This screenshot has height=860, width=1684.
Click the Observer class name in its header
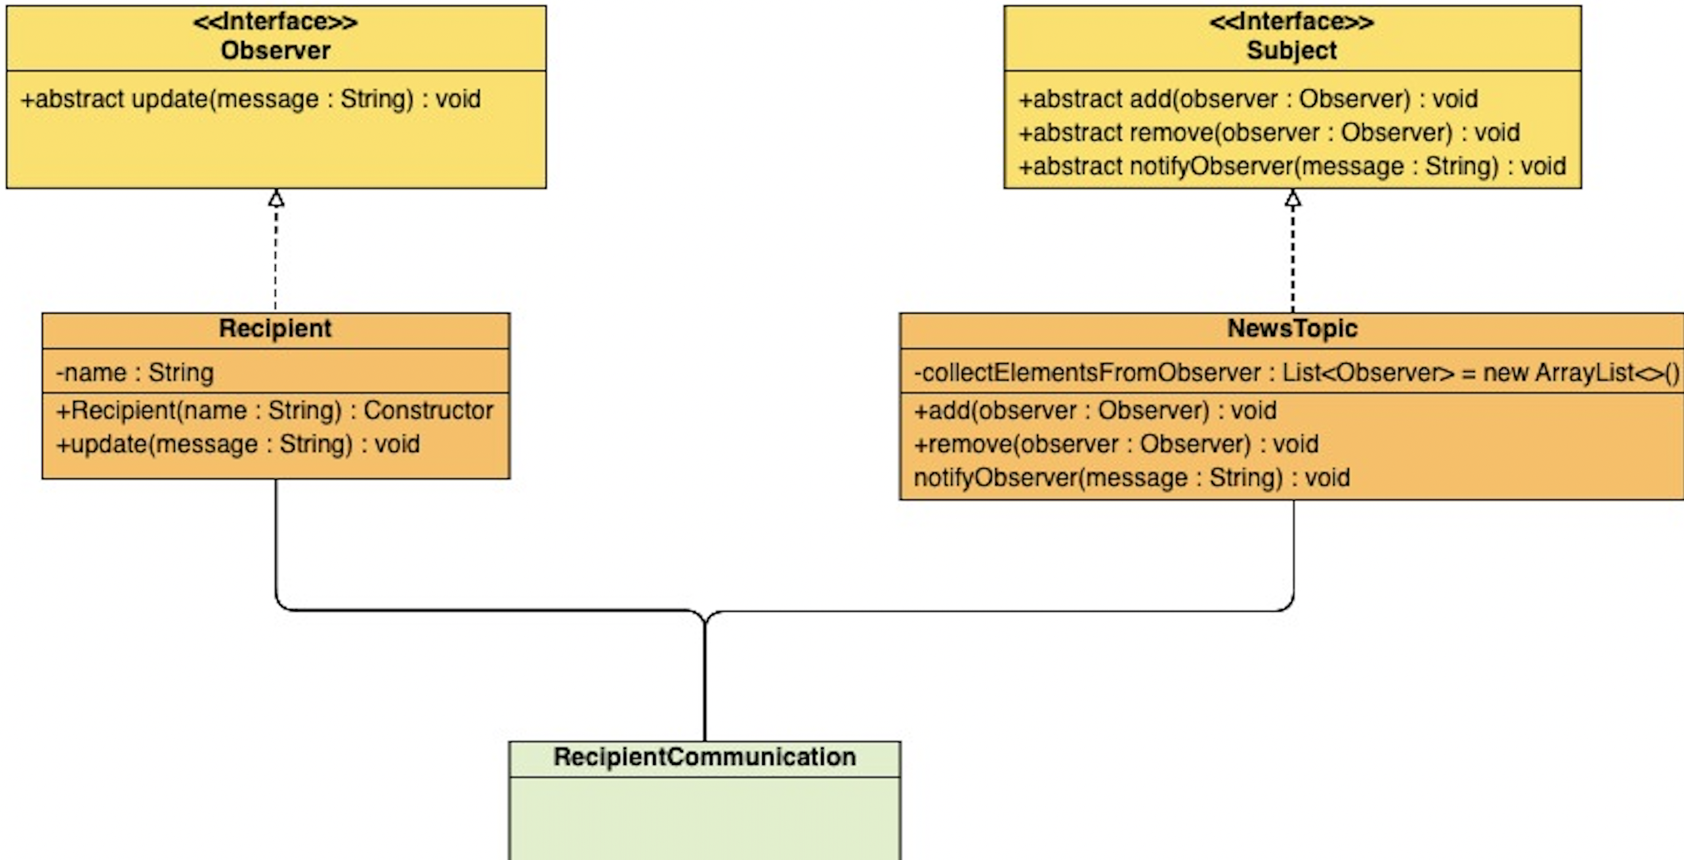click(275, 50)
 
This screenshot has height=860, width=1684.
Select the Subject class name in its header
click(1291, 50)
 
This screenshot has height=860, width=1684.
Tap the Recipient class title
click(275, 328)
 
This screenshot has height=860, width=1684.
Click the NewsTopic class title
click(1292, 328)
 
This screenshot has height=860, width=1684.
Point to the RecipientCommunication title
click(705, 757)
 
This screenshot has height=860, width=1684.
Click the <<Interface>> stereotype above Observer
click(275, 21)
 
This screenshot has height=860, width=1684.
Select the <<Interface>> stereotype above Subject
click(1291, 21)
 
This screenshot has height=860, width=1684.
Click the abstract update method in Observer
click(250, 99)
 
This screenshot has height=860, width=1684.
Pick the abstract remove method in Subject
click(1268, 132)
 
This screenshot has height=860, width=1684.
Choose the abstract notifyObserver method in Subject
click(1292, 166)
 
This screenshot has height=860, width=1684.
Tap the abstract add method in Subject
click(1247, 99)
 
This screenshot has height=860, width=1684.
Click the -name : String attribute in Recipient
click(136, 373)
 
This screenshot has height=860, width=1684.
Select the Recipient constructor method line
click(275, 411)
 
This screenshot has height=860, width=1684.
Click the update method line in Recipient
click(238, 445)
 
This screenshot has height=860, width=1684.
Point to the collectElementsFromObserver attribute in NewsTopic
click(1295, 373)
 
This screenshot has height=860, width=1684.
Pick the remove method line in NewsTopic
click(1116, 445)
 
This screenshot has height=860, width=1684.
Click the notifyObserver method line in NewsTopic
click(1131, 478)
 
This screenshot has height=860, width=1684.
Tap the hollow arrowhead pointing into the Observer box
click(276, 199)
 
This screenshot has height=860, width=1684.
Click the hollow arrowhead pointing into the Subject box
click(1292, 199)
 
